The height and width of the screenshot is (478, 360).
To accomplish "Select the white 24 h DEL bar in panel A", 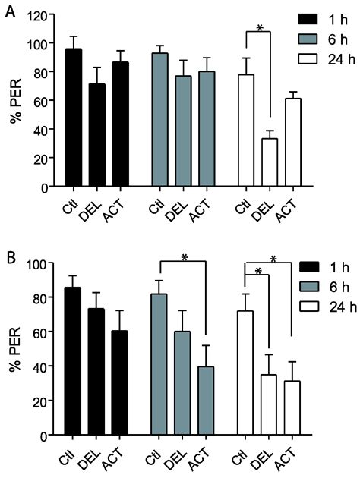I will (x=269, y=162).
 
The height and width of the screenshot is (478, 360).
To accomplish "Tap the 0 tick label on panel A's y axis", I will (x=47, y=187).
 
